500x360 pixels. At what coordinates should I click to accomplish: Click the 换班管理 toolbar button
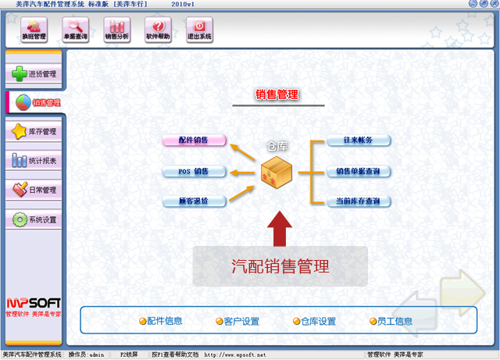tap(34, 30)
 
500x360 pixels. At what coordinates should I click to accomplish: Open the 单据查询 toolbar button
tap(75, 30)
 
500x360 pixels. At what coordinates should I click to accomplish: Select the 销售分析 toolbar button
tap(116, 30)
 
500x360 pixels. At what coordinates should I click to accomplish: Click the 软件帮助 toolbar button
tap(157, 30)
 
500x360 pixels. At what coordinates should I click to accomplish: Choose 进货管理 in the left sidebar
tap(34, 74)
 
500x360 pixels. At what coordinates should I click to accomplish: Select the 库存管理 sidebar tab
tap(34, 132)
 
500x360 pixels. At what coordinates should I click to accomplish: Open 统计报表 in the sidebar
tap(34, 161)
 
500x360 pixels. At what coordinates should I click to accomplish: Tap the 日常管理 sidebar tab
tap(34, 190)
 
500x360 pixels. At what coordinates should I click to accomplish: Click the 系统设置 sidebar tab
tap(34, 219)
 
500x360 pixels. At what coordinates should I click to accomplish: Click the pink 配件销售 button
tap(194, 141)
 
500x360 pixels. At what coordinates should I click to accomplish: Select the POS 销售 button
tap(194, 171)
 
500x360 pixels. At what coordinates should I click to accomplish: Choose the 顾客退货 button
tap(194, 201)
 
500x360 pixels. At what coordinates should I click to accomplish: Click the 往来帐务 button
tap(358, 141)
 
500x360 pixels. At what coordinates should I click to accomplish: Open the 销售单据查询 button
tap(358, 171)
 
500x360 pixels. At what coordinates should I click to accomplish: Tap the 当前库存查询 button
tap(358, 201)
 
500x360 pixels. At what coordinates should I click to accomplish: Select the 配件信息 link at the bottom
tap(161, 321)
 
